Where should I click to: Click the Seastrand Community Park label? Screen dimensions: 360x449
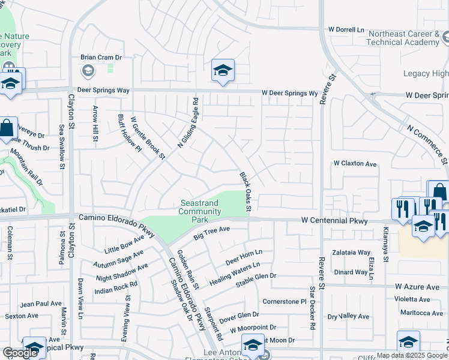(x=199, y=212)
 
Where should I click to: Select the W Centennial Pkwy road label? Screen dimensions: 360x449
(x=334, y=221)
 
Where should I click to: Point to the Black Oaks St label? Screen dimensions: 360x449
(x=245, y=192)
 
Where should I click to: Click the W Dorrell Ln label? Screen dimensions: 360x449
(x=346, y=29)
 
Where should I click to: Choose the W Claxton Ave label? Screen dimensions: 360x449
(x=355, y=163)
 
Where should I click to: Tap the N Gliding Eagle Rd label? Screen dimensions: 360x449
(x=187, y=124)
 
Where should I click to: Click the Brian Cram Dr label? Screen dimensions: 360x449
(x=101, y=58)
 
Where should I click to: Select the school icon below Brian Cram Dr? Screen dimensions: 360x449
(x=88, y=72)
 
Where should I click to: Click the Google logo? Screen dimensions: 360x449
(x=20, y=352)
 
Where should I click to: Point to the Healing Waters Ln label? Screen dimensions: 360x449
(x=235, y=274)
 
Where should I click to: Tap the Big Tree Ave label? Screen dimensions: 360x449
(x=212, y=233)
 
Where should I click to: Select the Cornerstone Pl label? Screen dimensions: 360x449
(x=285, y=301)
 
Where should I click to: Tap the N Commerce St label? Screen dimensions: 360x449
(x=427, y=145)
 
